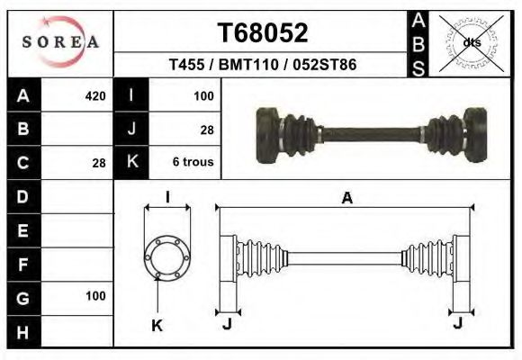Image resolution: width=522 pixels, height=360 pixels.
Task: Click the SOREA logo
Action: click(60, 42)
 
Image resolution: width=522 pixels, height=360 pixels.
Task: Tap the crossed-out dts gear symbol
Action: click(471, 41)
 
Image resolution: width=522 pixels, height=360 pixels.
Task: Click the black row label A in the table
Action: click(23, 95)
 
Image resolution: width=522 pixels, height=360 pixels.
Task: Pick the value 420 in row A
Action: click(94, 95)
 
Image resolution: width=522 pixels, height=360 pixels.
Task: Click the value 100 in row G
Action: click(95, 296)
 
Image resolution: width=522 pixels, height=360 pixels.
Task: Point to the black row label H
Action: click(23, 330)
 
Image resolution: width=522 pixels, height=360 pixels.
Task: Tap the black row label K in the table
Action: click(131, 162)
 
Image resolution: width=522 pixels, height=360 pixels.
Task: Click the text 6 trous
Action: click(192, 162)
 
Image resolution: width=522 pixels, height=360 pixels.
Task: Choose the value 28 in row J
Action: click(206, 130)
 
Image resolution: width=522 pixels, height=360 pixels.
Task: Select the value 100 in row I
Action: click(203, 95)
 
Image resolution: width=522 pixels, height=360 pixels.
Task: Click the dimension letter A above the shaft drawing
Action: click(346, 200)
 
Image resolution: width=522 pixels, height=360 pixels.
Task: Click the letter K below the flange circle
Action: click(156, 326)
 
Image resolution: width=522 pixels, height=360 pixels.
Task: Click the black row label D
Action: click(23, 196)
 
